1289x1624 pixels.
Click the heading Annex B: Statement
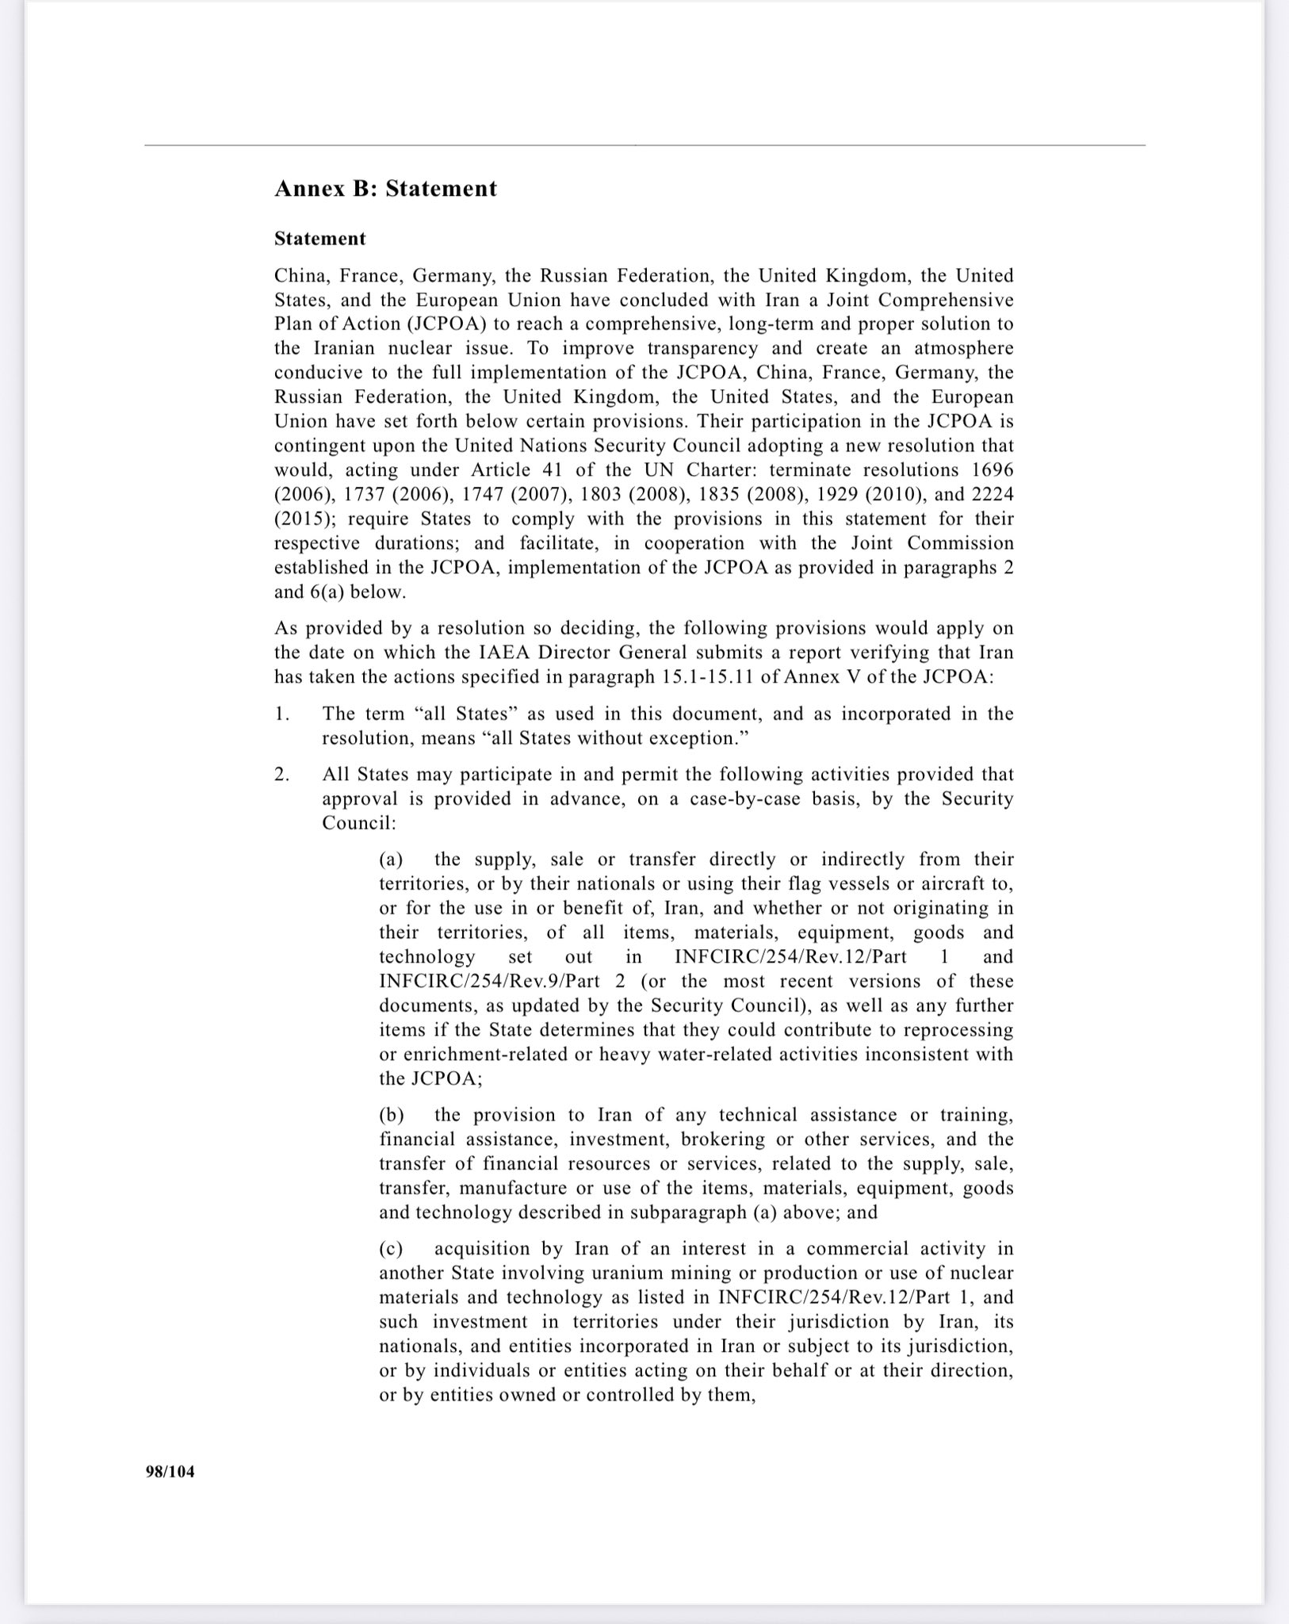(385, 189)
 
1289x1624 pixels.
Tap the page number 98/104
(170, 1472)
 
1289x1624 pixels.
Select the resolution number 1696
(993, 469)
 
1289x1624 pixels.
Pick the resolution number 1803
(601, 494)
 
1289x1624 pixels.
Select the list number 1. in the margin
(282, 714)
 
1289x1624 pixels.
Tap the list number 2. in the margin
(282, 774)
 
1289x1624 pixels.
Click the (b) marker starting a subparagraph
(392, 1115)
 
